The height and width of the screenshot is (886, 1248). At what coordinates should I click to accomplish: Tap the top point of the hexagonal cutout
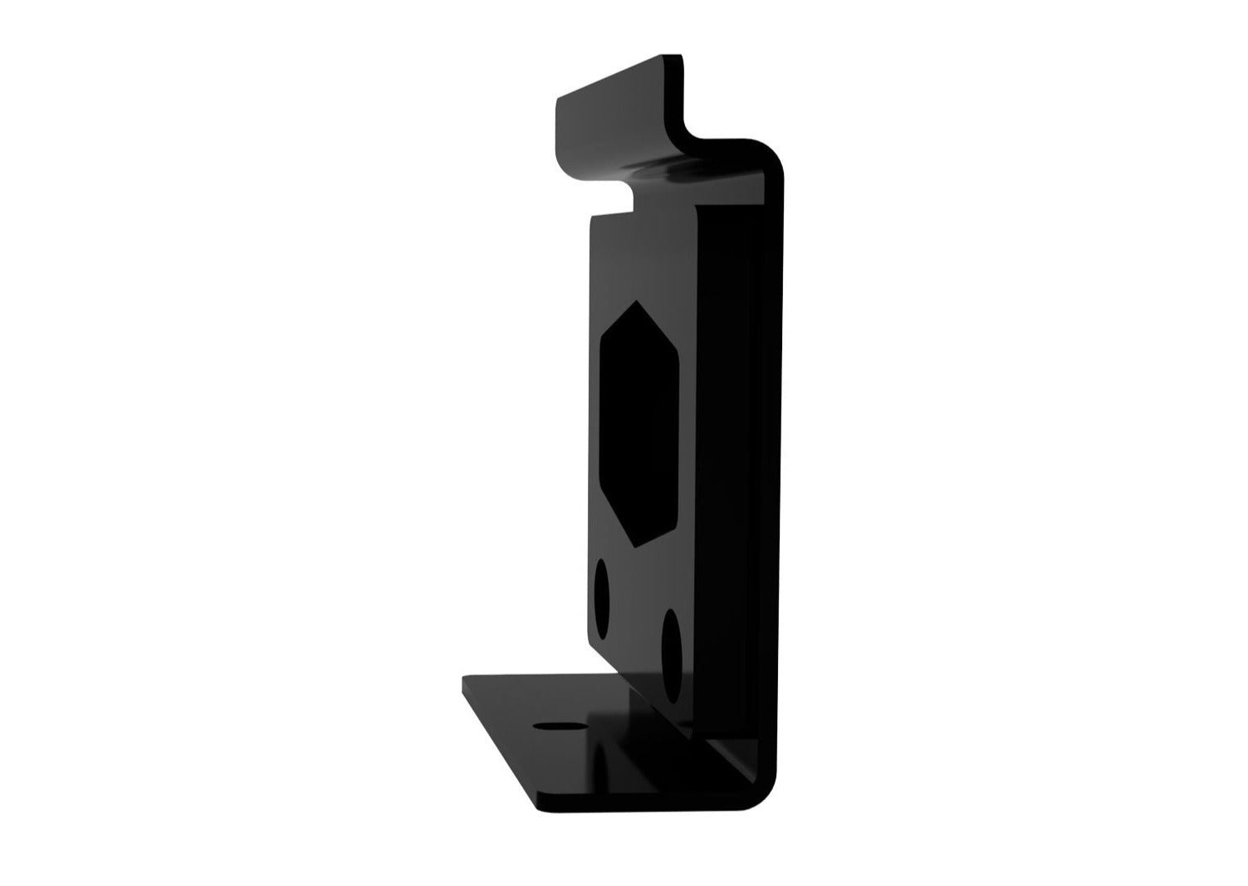635,301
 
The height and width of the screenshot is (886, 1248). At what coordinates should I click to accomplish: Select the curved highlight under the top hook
664,170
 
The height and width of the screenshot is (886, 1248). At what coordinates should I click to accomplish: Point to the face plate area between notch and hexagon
635,257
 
